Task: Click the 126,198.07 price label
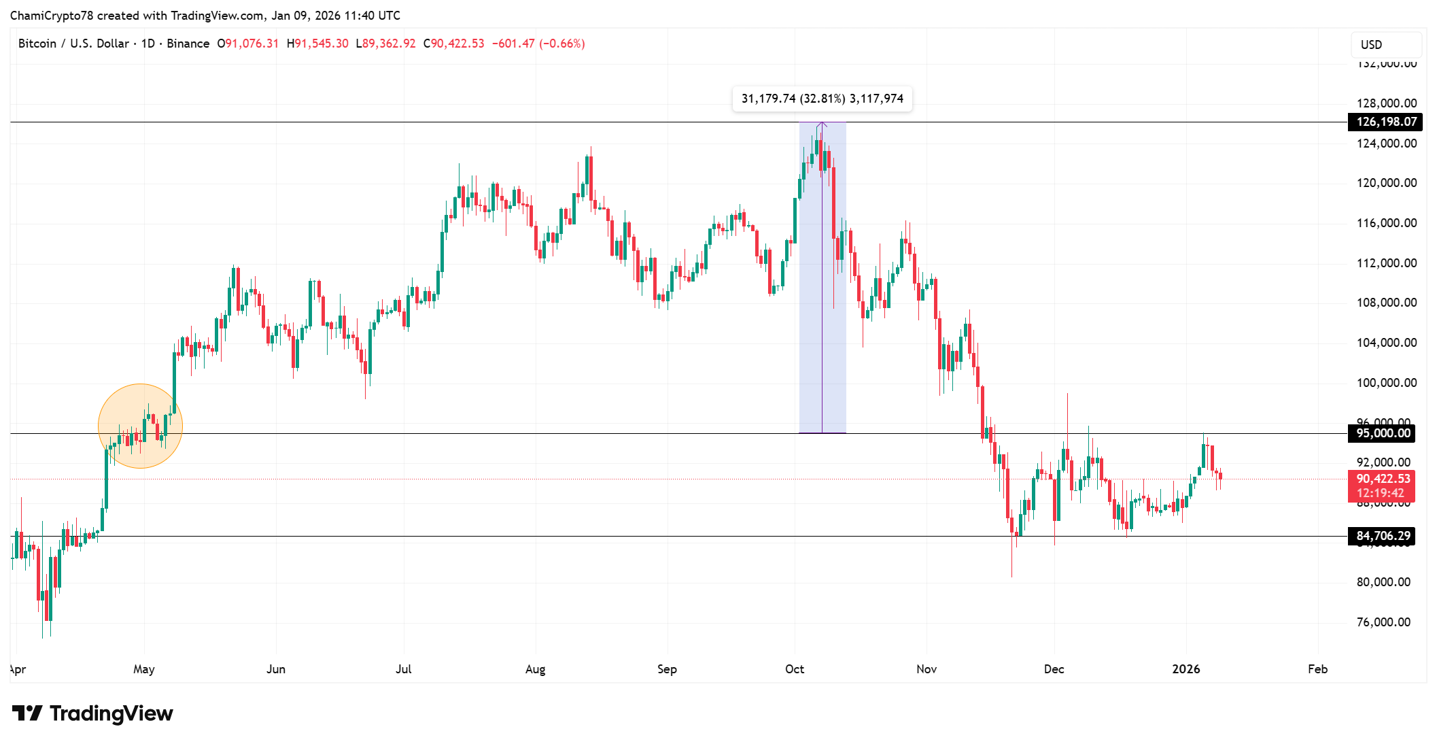(1386, 122)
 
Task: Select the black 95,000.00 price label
(1383, 433)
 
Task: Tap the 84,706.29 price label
(1383, 536)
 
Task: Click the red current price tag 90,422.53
(1383, 479)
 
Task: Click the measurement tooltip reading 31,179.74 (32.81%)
(822, 99)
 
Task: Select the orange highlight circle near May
(140, 426)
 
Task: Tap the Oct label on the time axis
(794, 669)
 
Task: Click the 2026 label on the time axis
(1185, 669)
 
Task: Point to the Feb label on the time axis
(1317, 669)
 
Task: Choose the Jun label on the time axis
(275, 669)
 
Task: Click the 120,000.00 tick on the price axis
(1386, 183)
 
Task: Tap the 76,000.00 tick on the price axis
(1383, 622)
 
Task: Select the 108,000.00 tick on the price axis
(1386, 303)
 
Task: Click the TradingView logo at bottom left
(92, 713)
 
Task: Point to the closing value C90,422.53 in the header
(453, 44)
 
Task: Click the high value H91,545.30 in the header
(317, 44)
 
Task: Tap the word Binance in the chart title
(188, 44)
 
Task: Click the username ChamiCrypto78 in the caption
(52, 16)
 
